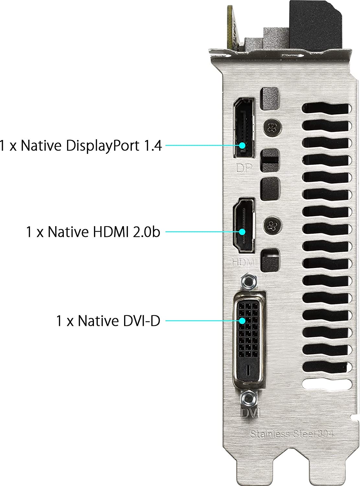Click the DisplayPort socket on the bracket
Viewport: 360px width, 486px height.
(x=244, y=128)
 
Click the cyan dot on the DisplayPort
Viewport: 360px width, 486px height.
(x=242, y=145)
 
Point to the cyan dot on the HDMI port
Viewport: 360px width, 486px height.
(x=242, y=232)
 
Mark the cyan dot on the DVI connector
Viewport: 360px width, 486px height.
(x=242, y=321)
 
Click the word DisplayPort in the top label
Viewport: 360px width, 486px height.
(x=102, y=146)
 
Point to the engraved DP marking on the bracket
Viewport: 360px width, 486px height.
(x=244, y=168)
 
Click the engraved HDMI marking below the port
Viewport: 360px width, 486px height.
(x=244, y=262)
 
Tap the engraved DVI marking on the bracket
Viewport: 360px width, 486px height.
(x=250, y=413)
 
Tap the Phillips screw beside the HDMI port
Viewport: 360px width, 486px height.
(x=273, y=225)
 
